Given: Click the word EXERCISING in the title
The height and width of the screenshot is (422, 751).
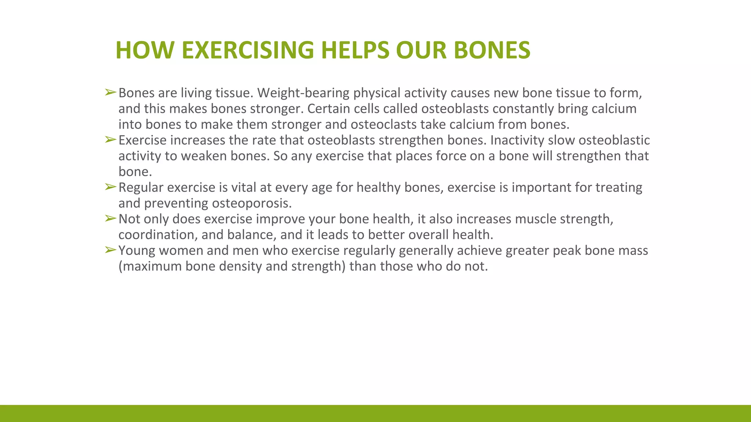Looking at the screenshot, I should pyautogui.click(x=248, y=50).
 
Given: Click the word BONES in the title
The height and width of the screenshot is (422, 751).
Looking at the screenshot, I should pyautogui.click(x=492, y=50).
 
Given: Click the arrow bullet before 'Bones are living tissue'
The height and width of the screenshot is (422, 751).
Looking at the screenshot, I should pyautogui.click(x=110, y=92).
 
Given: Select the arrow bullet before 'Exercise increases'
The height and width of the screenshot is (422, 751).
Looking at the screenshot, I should pyautogui.click(x=110, y=140).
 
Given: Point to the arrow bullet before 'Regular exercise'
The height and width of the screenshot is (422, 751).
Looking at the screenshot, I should pyautogui.click(x=110, y=187).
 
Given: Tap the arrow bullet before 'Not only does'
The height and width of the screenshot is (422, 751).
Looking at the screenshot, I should pyautogui.click(x=110, y=218).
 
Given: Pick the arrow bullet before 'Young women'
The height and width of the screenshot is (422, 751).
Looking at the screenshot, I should pyautogui.click(x=110, y=250).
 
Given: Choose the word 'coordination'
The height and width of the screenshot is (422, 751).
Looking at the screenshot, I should pyautogui.click(x=158, y=235).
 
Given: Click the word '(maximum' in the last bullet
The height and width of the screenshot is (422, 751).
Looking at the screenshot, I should pyautogui.click(x=150, y=266).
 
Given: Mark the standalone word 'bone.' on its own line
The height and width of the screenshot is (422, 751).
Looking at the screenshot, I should pyautogui.click(x=135, y=172).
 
